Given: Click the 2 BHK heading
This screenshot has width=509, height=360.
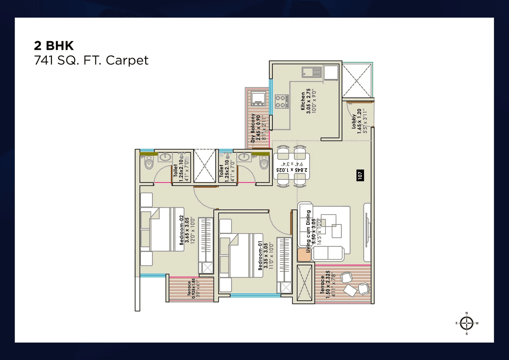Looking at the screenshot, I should [54, 45].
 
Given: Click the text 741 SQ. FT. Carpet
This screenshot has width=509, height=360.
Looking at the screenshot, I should [91, 60].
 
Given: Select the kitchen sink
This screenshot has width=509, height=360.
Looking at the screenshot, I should [312, 72].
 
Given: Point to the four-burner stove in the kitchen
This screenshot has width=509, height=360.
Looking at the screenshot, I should [282, 101].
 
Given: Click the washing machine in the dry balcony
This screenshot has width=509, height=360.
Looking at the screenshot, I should [258, 98].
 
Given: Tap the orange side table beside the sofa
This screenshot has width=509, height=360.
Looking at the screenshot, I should [304, 255].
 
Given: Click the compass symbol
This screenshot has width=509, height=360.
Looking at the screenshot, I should [466, 323].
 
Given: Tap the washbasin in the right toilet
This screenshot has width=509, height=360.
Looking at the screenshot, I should [243, 158].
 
